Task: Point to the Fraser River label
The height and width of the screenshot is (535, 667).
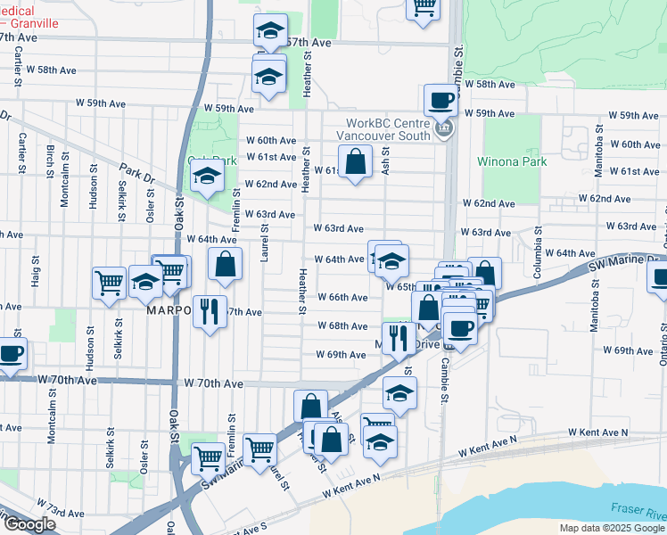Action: pos(638,512)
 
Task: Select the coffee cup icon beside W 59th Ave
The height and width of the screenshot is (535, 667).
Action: pos(441,101)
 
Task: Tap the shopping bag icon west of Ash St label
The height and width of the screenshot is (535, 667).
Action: pos(355,163)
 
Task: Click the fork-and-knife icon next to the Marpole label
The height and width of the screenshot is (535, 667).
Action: pos(209,311)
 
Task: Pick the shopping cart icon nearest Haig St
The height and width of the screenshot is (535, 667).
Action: pos(109,283)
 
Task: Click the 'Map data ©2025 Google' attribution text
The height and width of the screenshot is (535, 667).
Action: pos(611,528)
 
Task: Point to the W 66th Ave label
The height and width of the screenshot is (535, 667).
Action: pos(342,297)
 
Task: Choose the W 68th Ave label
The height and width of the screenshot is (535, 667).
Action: pos(342,326)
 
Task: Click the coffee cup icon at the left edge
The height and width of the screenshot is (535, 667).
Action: pos(11,353)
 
